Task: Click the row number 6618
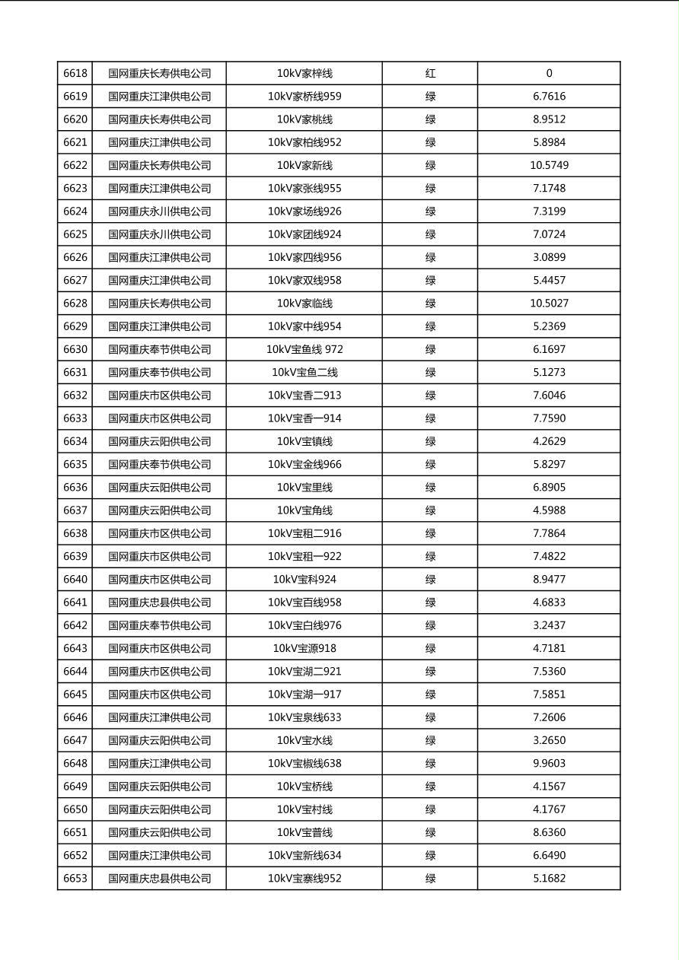pyautogui.click(x=75, y=74)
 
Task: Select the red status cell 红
pyautogui.click(x=430, y=74)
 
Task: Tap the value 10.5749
pyautogui.click(x=549, y=165)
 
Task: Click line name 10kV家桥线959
pyautogui.click(x=304, y=97)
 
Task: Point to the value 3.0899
pyautogui.click(x=549, y=257)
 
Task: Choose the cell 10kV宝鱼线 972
pyautogui.click(x=304, y=349)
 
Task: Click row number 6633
pyautogui.click(x=75, y=418)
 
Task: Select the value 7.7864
pyautogui.click(x=549, y=533)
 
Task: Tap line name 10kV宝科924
pyautogui.click(x=304, y=580)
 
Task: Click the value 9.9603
pyautogui.click(x=549, y=763)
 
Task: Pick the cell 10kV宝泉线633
pyautogui.click(x=304, y=717)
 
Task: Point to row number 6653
pyautogui.click(x=75, y=879)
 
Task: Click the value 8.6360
pyautogui.click(x=549, y=832)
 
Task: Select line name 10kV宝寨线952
pyautogui.click(x=304, y=879)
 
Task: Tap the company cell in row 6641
pyautogui.click(x=159, y=602)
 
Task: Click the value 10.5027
pyautogui.click(x=549, y=304)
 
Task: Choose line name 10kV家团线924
pyautogui.click(x=304, y=234)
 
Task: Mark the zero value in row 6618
pyautogui.click(x=549, y=74)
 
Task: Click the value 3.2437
pyautogui.click(x=549, y=625)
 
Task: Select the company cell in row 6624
pyautogui.click(x=159, y=211)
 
